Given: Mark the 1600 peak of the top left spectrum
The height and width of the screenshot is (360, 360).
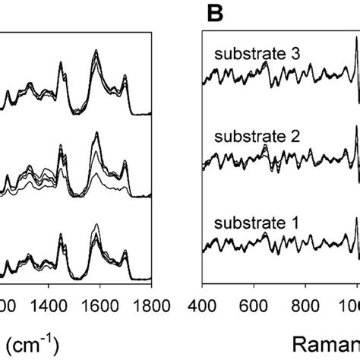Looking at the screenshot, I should [96, 52].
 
